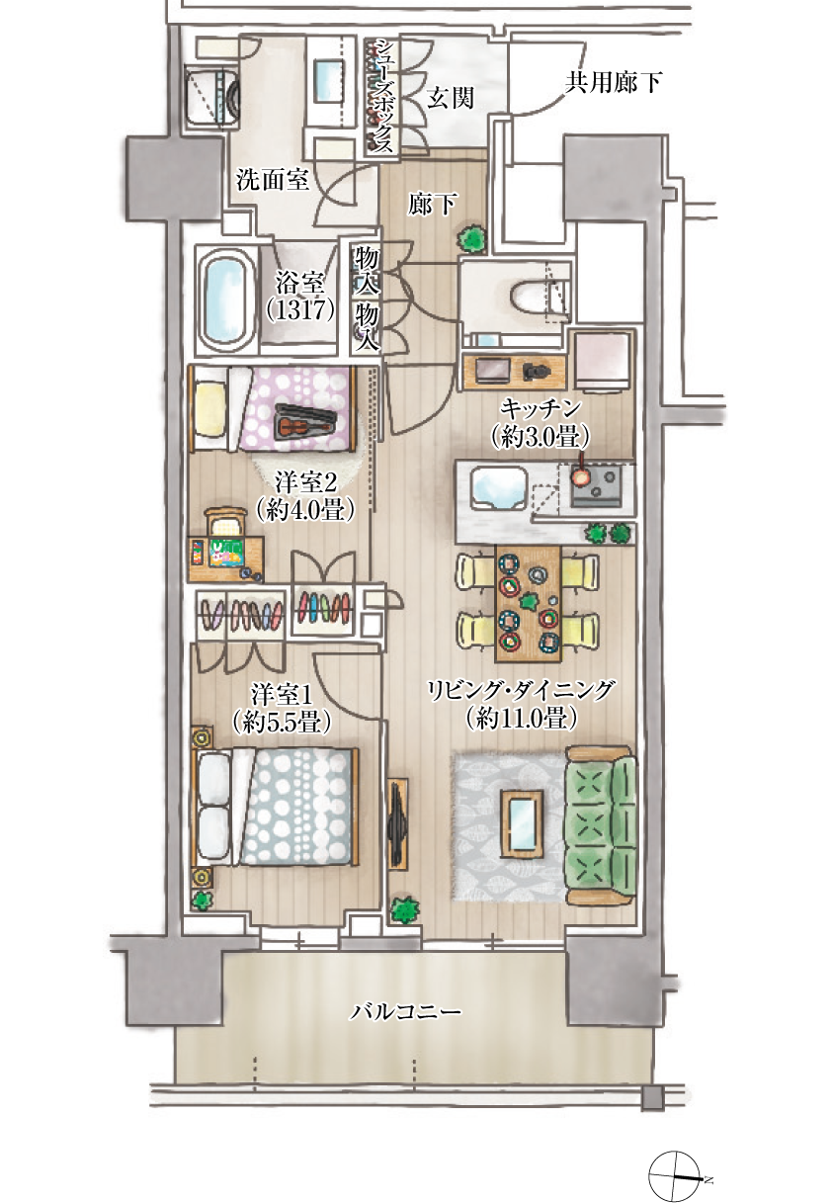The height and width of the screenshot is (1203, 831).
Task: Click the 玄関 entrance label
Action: (x=451, y=98)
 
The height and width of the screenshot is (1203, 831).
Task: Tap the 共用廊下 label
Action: (x=613, y=83)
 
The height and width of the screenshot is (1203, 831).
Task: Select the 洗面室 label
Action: (x=273, y=180)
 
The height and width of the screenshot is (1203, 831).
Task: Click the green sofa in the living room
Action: (x=601, y=827)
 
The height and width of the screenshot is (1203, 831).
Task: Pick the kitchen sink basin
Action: (x=498, y=486)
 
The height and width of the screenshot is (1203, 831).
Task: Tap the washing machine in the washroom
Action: (x=211, y=97)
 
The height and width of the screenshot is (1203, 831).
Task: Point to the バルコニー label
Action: (x=406, y=1012)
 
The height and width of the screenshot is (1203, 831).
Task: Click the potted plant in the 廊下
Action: (x=472, y=238)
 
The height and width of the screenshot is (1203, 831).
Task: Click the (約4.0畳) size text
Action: (x=305, y=510)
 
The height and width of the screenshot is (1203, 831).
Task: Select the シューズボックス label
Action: (x=382, y=97)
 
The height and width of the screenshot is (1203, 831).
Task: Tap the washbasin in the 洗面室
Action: (x=327, y=81)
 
